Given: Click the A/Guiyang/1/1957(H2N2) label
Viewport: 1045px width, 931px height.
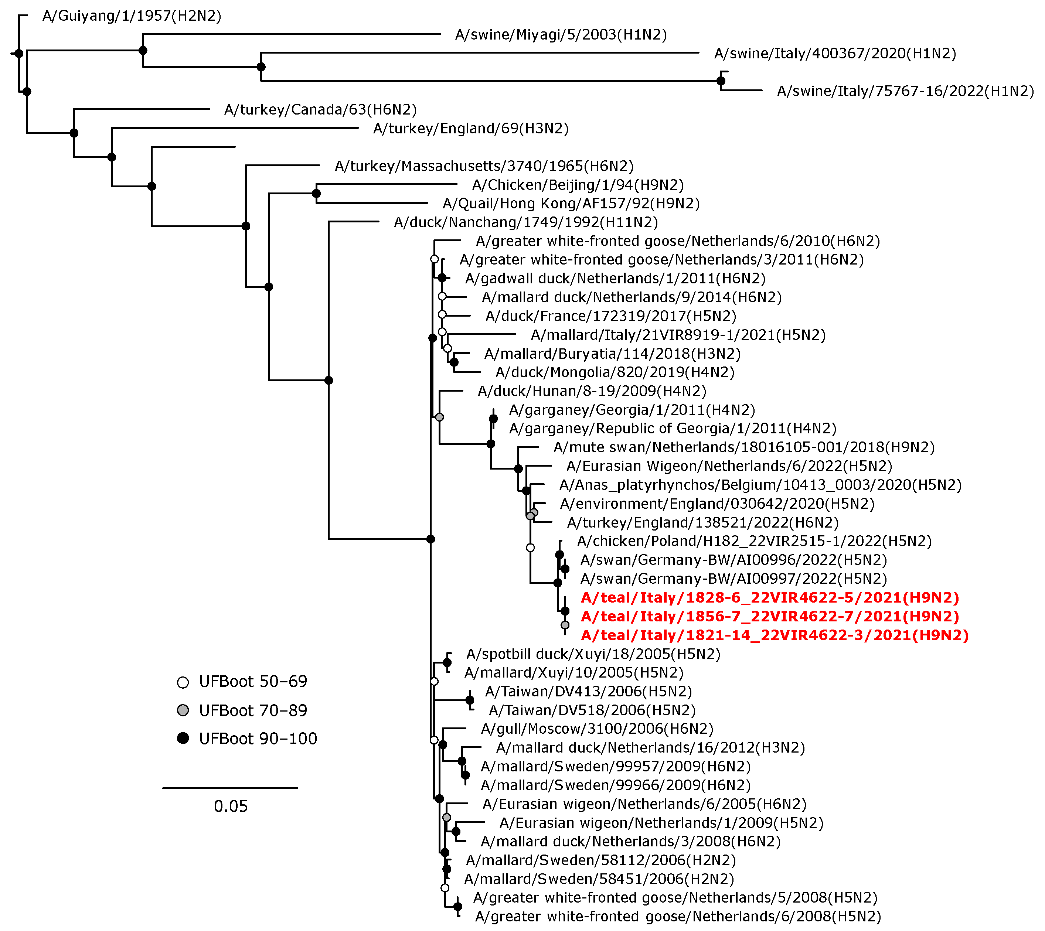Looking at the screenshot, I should tap(132, 16).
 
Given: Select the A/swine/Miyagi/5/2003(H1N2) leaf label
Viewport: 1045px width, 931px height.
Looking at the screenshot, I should tap(561, 35).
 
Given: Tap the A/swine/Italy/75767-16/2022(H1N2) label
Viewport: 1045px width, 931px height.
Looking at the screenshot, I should tap(905, 91).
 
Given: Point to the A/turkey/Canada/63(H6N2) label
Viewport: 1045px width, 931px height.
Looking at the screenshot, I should tap(320, 109).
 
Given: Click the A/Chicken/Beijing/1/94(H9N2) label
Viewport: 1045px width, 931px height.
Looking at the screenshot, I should tap(578, 185).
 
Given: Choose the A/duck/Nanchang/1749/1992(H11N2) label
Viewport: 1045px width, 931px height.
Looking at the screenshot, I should tap(525, 222).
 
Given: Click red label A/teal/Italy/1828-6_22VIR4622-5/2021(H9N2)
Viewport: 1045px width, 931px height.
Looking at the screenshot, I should tap(769, 597).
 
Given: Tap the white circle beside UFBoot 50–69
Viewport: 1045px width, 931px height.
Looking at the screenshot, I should tap(183, 682).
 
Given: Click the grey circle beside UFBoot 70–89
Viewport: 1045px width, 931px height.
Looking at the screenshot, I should tap(183, 710).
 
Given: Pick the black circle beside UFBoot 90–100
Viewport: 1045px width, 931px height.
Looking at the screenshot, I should tap(183, 739).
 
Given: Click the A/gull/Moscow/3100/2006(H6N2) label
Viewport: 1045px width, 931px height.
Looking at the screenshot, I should tap(596, 729).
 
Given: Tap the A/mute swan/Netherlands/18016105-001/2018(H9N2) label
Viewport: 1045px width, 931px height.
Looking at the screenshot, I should tap(744, 448).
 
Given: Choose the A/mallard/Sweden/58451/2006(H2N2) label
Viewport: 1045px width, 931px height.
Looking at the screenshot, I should tap(599, 879).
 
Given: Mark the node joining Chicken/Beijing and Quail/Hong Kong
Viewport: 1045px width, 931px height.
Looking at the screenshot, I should tap(316, 193).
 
